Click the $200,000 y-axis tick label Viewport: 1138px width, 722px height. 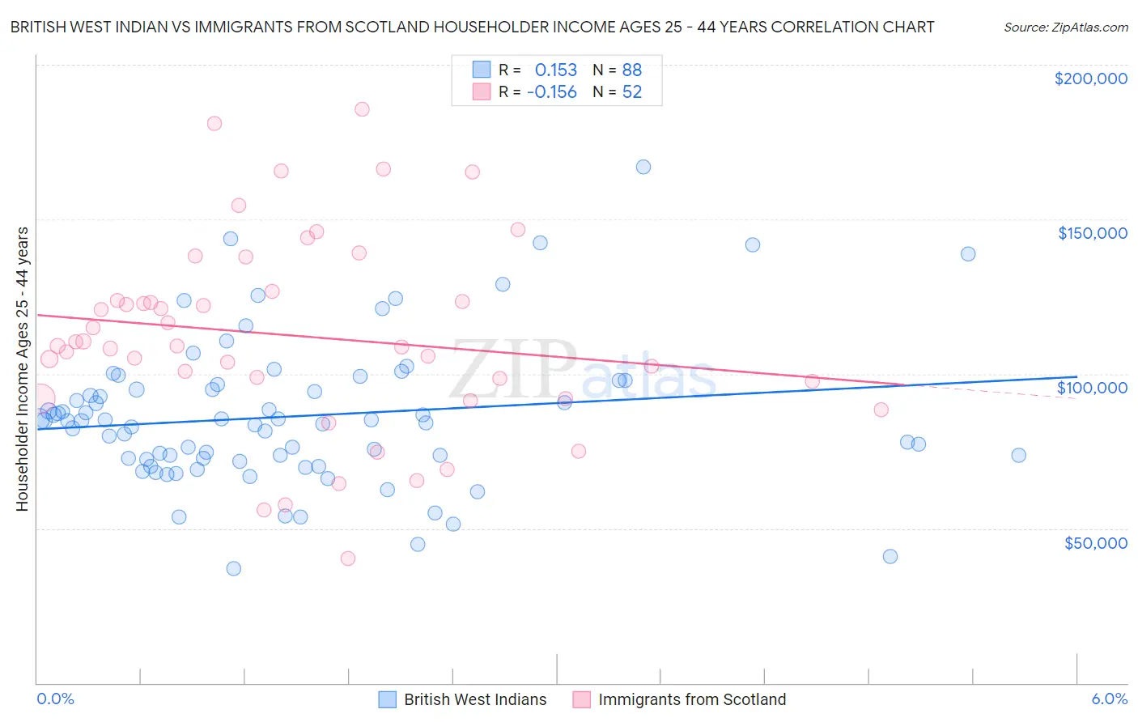coord(1090,79)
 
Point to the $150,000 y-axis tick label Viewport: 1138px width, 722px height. coord(1092,233)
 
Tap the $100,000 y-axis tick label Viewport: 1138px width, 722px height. coord(1092,388)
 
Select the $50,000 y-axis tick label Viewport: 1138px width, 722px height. coord(1095,543)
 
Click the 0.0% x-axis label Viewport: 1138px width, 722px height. coord(55,699)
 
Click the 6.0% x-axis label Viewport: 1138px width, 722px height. coord(1109,699)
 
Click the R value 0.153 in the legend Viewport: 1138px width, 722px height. coord(555,70)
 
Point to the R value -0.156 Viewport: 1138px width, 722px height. coord(551,92)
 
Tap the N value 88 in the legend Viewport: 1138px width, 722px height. coord(631,70)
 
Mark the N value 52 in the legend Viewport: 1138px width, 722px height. coord(631,92)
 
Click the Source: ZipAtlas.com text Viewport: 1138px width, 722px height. coord(1065,27)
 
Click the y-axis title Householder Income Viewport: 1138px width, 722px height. coord(22,369)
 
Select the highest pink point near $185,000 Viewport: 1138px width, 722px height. coord(362,109)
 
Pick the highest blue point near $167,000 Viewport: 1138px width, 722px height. coord(643,167)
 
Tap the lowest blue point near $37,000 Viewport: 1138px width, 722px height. coord(233,568)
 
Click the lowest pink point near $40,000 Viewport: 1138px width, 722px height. coord(348,558)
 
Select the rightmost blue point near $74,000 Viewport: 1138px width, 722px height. coord(1018,455)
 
